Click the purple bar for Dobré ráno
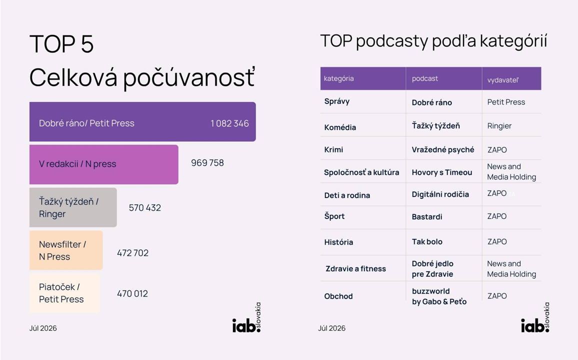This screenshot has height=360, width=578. [x=142, y=121]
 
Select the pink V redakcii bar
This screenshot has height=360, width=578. [x=104, y=164]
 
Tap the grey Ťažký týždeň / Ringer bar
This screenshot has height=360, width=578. [x=73, y=207]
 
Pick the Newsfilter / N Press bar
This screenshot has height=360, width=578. [x=66, y=250]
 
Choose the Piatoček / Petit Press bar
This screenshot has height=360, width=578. [x=64, y=293]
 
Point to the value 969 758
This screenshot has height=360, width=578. [x=207, y=163]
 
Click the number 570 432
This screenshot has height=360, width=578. [x=145, y=208]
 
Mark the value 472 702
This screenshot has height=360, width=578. [x=132, y=253]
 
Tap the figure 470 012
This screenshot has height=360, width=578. [x=132, y=293]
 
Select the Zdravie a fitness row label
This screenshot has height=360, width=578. [x=355, y=268]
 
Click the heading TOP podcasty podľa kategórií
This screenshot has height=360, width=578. [x=433, y=41]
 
